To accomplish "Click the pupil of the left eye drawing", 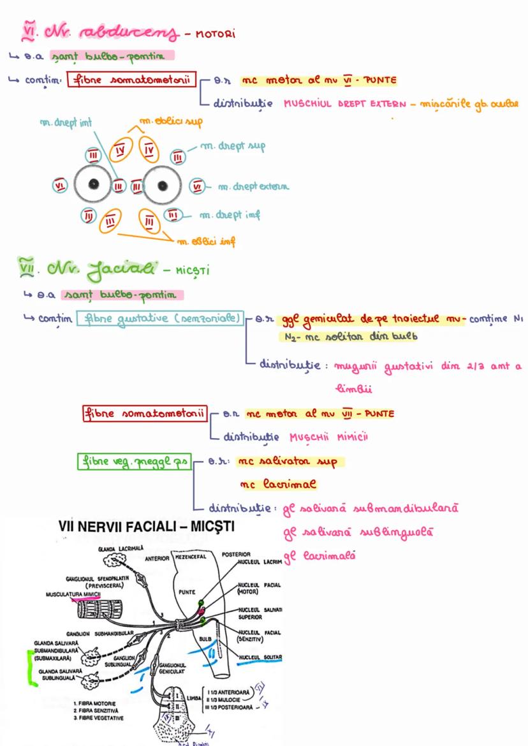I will coord(94,185).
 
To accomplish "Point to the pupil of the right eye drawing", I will coord(163,185).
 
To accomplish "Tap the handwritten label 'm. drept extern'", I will coord(253,187).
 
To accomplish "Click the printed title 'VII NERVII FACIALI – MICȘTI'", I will coord(146,527).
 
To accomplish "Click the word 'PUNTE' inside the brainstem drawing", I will coord(187,591).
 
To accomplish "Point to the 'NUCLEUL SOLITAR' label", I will coord(260,657).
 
